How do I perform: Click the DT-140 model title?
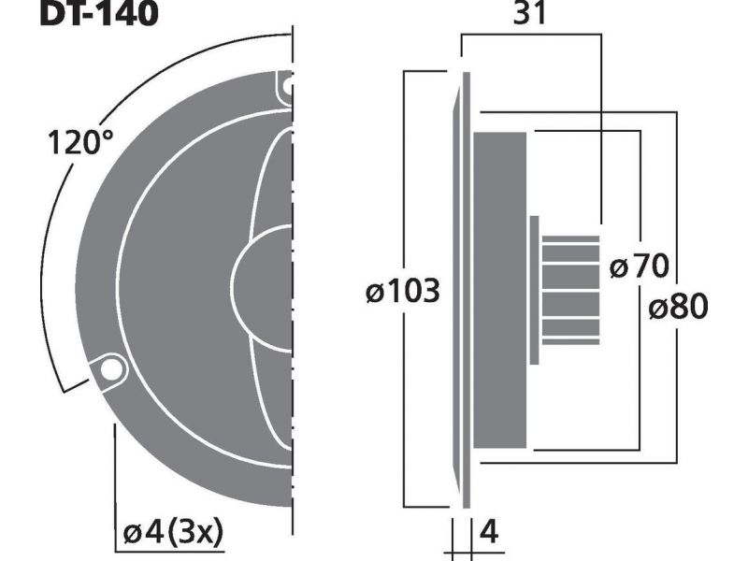click(x=99, y=12)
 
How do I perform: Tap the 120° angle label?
click(x=81, y=142)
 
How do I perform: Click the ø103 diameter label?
click(x=402, y=291)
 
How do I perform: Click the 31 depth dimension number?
click(x=529, y=13)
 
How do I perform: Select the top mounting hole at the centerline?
click(x=288, y=86)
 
